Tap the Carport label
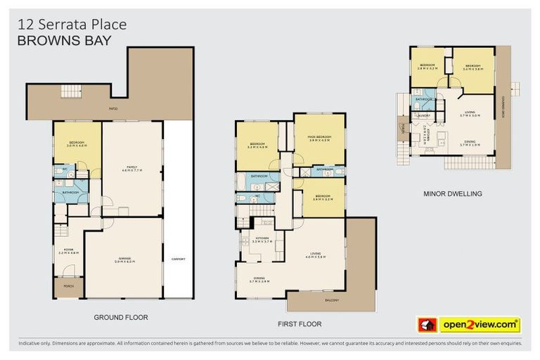(179, 259)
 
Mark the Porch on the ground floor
(68, 285)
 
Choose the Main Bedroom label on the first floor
(319, 139)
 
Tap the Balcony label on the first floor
(331, 301)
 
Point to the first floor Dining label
(259, 280)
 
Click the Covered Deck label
(503, 105)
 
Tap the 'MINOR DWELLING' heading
(452, 193)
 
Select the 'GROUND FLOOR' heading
(121, 318)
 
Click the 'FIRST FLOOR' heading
(300, 325)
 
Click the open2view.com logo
(480, 325)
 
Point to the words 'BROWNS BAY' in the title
(63, 40)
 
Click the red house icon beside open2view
(425, 325)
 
